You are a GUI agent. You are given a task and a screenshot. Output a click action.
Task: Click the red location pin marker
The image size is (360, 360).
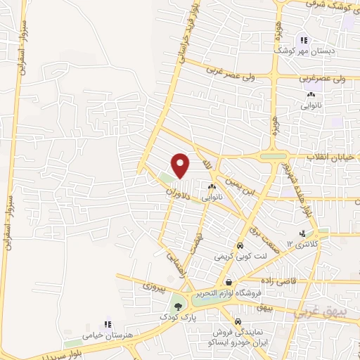181,166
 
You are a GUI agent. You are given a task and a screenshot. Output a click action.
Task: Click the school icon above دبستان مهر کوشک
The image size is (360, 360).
304,40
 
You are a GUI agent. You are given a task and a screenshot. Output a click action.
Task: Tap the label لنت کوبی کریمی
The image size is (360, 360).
241,258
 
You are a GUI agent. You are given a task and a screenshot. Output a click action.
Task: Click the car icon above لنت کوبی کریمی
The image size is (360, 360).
240,247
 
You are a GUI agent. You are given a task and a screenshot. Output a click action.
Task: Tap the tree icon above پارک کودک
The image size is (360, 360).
177,307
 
